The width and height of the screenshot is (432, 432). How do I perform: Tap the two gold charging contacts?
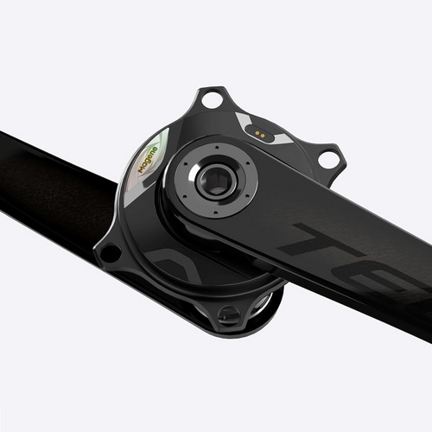pos(256,133)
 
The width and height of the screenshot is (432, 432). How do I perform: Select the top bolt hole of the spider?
pos(211,101)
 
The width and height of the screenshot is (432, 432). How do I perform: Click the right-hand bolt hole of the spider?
pos(328,159)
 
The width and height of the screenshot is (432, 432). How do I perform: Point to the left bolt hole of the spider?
pos(110,253)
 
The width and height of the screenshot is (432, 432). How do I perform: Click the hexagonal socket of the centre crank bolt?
pos(213,181)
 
